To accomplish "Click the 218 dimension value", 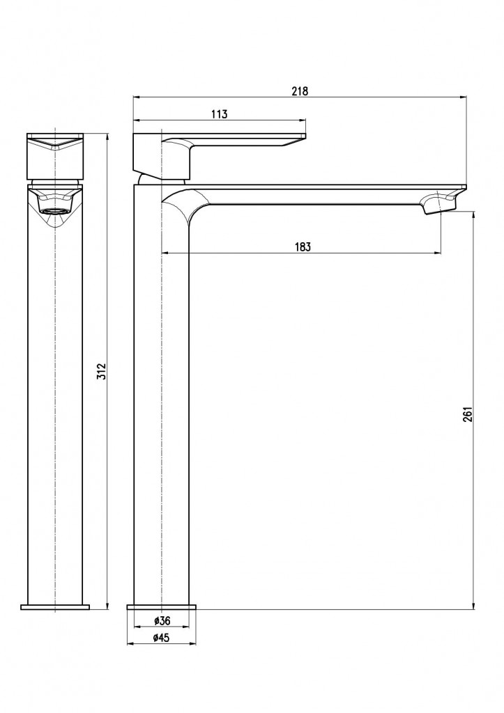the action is pyautogui.click(x=300, y=91).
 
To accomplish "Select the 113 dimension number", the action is pyautogui.click(x=219, y=114).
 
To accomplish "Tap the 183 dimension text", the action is pyautogui.click(x=303, y=247).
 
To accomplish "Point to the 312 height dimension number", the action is pyautogui.click(x=101, y=372).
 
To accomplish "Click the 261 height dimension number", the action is pyautogui.click(x=468, y=414).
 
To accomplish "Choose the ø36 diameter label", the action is pyautogui.click(x=162, y=620).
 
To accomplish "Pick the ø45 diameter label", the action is pyautogui.click(x=161, y=638).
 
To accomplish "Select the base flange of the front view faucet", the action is pyautogui.click(x=55, y=607).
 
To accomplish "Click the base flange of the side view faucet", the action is pyautogui.click(x=161, y=607).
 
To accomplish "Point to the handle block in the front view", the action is pyautogui.click(x=55, y=156).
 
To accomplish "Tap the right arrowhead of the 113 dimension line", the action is pyautogui.click(x=303, y=120).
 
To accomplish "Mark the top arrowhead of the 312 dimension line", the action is pyautogui.click(x=107, y=137).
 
